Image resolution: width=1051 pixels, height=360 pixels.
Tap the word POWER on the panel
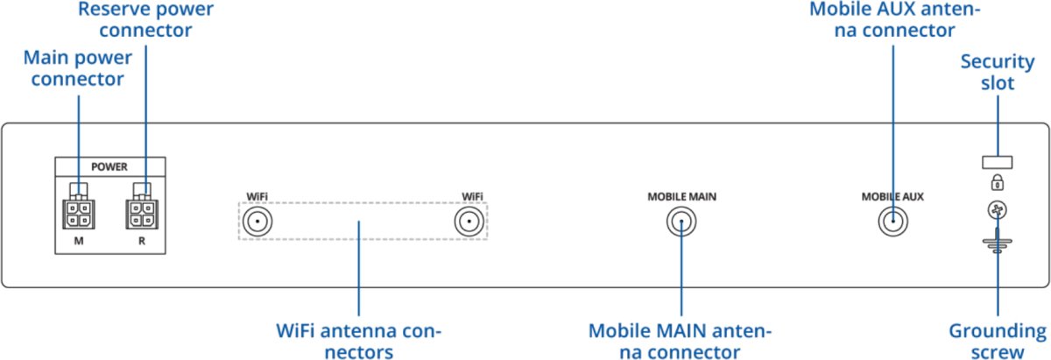coord(109,166)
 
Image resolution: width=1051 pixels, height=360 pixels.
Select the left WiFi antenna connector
coord(256,222)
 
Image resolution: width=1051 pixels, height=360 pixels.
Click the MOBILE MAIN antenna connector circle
coord(680,222)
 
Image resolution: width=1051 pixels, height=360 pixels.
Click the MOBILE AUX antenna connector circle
coord(892,222)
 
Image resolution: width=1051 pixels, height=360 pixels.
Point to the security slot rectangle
coord(997,162)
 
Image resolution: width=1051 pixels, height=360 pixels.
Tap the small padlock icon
coord(997,183)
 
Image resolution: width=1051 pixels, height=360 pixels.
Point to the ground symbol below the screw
coord(997,243)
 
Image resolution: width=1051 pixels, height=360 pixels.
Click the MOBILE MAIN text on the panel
coord(676,196)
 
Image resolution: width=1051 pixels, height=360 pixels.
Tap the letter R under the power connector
coord(141,238)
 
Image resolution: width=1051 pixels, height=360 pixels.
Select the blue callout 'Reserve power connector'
coord(145,19)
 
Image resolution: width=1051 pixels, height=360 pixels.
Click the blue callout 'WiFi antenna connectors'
coord(358,342)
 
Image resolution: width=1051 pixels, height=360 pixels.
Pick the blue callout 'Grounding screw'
coord(998,342)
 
